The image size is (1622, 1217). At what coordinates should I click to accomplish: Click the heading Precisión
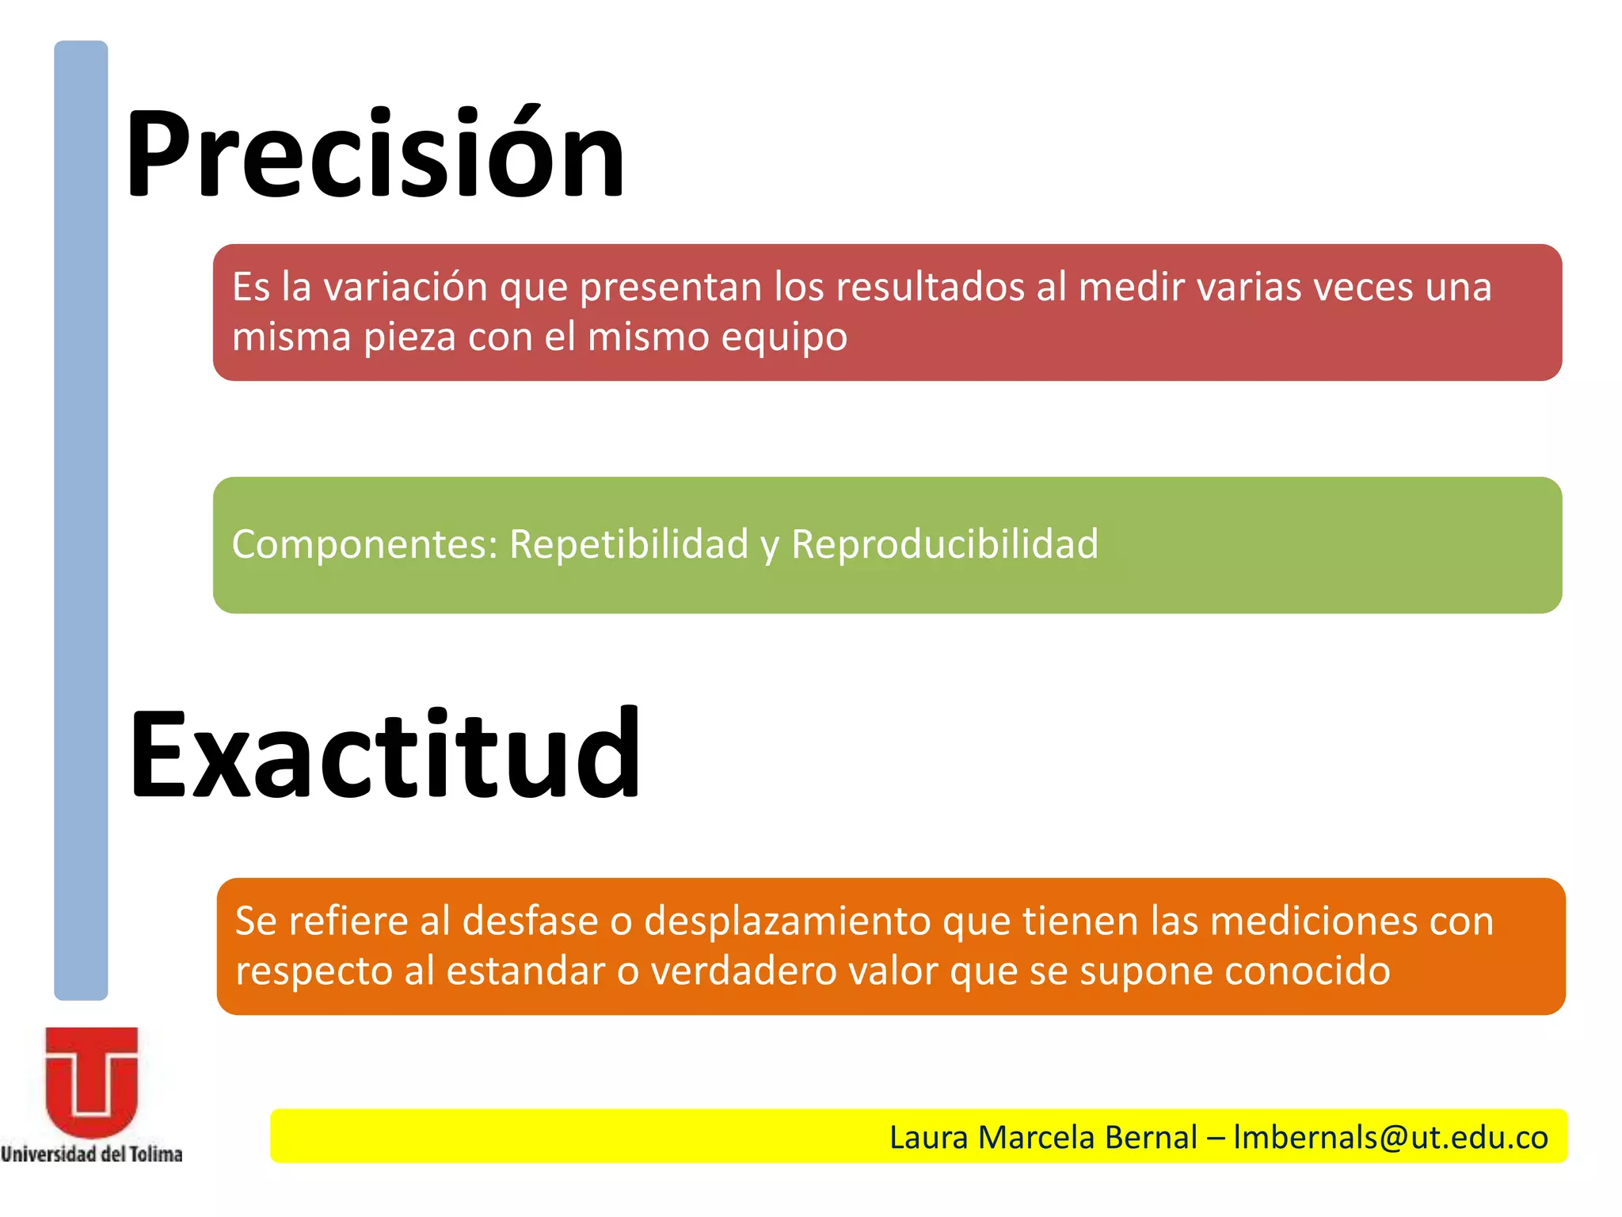[375, 152]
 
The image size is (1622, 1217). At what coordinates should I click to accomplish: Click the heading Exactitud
[384, 753]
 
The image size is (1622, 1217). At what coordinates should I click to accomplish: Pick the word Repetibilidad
[629, 544]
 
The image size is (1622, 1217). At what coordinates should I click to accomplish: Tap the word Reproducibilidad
[945, 544]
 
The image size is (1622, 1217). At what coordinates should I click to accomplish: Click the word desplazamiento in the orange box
[788, 921]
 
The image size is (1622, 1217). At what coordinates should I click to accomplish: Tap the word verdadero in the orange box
[744, 971]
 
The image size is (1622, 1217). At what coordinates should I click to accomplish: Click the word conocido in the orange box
[1308, 971]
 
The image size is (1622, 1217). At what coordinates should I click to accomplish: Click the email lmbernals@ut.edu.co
[1391, 1137]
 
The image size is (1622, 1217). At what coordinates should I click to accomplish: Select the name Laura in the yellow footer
[929, 1137]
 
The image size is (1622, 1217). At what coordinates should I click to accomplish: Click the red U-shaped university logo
[92, 1082]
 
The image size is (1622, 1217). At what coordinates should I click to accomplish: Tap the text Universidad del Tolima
[92, 1154]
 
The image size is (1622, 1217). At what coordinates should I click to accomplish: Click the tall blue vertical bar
[81, 520]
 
